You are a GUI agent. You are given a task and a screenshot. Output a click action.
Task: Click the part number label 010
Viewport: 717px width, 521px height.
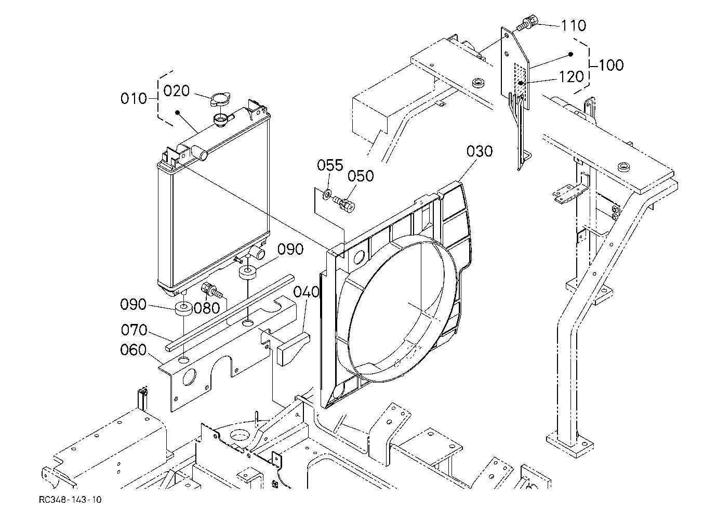(134, 98)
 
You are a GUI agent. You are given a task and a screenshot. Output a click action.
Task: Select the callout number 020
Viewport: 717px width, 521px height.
(176, 90)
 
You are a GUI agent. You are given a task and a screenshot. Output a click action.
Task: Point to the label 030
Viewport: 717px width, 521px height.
(480, 151)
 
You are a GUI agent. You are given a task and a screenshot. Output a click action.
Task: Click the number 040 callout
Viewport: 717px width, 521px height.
(307, 292)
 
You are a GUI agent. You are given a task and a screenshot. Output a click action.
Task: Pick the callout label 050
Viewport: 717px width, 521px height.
(361, 176)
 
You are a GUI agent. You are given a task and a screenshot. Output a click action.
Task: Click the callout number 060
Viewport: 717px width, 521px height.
(133, 349)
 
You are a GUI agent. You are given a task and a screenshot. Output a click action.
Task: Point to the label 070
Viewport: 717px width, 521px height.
(134, 330)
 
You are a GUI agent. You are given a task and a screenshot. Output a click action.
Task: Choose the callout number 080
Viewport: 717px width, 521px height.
(207, 308)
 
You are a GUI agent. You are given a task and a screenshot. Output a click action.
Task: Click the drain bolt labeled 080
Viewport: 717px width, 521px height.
(212, 290)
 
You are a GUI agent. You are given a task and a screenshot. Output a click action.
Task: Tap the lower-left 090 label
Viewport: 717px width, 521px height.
(133, 304)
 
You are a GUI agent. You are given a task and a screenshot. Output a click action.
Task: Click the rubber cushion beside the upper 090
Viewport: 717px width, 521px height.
(248, 272)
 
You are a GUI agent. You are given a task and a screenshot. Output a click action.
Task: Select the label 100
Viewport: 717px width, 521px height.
(610, 65)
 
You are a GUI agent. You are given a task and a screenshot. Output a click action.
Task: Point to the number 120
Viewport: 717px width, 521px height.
(572, 76)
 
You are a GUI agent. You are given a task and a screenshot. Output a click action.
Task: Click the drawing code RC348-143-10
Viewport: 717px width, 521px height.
(70, 500)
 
